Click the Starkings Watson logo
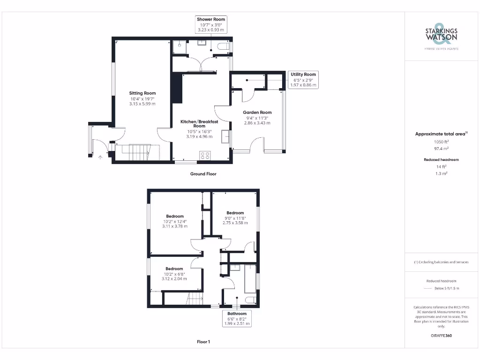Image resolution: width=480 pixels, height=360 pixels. pos(441,36)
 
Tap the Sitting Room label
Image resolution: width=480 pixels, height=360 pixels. pos(142,93)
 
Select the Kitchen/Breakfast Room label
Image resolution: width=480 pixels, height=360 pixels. pos(199,124)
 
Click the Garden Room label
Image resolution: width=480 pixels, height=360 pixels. pos(257,112)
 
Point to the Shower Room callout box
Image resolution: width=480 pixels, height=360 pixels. pos(211,24)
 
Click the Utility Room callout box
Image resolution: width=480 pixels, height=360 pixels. pos(303,80)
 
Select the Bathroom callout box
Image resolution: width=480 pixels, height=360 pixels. pos(237,318)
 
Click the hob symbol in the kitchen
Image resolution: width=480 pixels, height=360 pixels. pos(205,156)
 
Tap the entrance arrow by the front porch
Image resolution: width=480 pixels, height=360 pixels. pos(100,157)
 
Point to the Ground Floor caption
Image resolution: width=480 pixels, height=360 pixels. pos(203,174)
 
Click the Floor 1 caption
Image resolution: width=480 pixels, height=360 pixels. pos(203,342)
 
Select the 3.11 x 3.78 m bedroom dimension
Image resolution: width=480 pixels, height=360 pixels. pos(175,226)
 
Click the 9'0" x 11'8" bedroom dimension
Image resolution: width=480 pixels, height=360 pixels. pos(234,218)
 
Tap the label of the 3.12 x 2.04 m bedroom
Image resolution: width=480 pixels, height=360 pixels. pos(174,269)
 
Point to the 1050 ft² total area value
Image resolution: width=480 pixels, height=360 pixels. pos(441,141)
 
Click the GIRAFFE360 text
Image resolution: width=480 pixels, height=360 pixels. pos(441,336)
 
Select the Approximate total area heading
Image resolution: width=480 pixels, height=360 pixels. pos(441,134)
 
